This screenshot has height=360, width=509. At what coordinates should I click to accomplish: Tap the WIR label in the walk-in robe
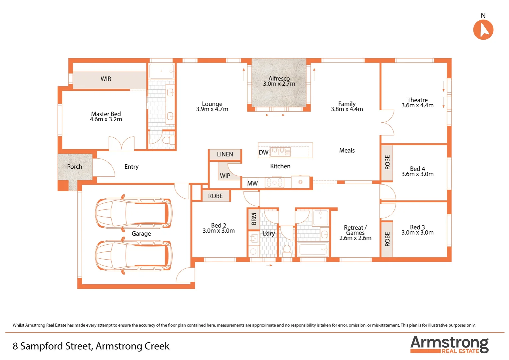coord(106,79)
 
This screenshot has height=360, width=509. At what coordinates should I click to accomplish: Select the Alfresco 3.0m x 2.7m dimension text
coord(279,84)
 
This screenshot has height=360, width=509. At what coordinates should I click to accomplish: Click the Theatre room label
coord(417,100)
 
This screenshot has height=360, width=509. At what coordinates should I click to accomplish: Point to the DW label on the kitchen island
coord(263,153)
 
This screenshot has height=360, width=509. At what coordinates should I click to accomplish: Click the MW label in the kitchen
coord(252,183)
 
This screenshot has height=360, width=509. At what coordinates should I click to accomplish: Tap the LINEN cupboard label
coord(225,154)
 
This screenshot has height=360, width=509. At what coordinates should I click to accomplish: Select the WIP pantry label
coord(225,176)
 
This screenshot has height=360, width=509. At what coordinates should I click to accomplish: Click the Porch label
coord(75,167)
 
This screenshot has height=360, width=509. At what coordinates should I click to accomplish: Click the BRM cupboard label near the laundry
coord(254,219)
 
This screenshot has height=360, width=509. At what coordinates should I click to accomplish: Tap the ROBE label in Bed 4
coord(387,162)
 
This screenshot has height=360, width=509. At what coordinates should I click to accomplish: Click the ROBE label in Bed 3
coord(387,239)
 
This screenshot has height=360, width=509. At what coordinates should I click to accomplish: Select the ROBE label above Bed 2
coord(215,196)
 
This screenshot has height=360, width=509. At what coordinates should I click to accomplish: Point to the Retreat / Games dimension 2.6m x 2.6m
coord(355,238)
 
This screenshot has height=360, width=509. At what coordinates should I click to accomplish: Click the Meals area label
coord(347,151)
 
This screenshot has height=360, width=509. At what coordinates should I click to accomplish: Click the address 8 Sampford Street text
coord(91,346)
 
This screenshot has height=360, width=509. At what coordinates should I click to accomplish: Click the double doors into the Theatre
coord(387,123)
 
